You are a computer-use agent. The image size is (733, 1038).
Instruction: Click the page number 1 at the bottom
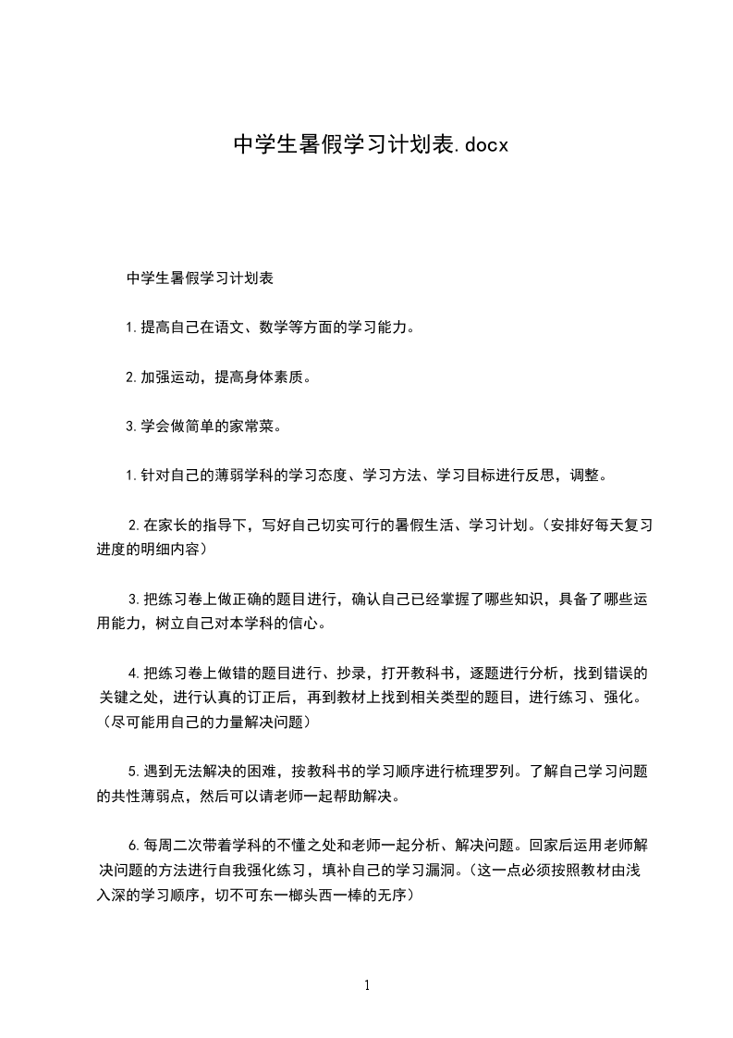click(x=367, y=985)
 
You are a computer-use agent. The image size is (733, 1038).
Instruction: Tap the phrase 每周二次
click(x=161, y=844)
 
